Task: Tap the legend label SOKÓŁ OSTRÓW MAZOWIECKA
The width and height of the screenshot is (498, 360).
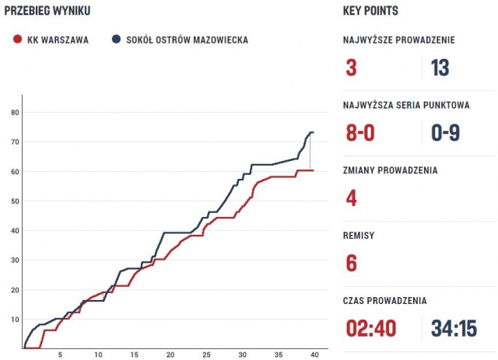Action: pyautogui.click(x=188, y=40)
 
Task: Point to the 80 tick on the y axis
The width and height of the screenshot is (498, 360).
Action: pyautogui.click(x=15, y=112)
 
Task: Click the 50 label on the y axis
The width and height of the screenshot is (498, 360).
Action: pyautogui.click(x=15, y=201)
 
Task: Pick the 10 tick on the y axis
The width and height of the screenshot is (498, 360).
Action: pyautogui.click(x=15, y=320)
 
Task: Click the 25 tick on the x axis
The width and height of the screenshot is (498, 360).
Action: pyautogui.click(x=206, y=355)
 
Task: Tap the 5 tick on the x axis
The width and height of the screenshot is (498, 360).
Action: pyautogui.click(x=61, y=355)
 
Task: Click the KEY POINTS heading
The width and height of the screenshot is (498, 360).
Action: pyautogui.click(x=370, y=11)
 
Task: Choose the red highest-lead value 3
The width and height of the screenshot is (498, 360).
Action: pyautogui.click(x=351, y=68)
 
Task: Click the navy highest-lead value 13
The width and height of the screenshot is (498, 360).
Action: pyautogui.click(x=440, y=68)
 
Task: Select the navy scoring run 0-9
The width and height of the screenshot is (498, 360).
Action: pyautogui.click(x=451, y=133)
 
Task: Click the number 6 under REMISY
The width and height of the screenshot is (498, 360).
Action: pyautogui.click(x=351, y=264)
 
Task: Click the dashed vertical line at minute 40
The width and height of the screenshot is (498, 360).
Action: pyautogui.click(x=311, y=152)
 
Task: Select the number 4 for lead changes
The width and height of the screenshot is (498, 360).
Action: pyautogui.click(x=351, y=198)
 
